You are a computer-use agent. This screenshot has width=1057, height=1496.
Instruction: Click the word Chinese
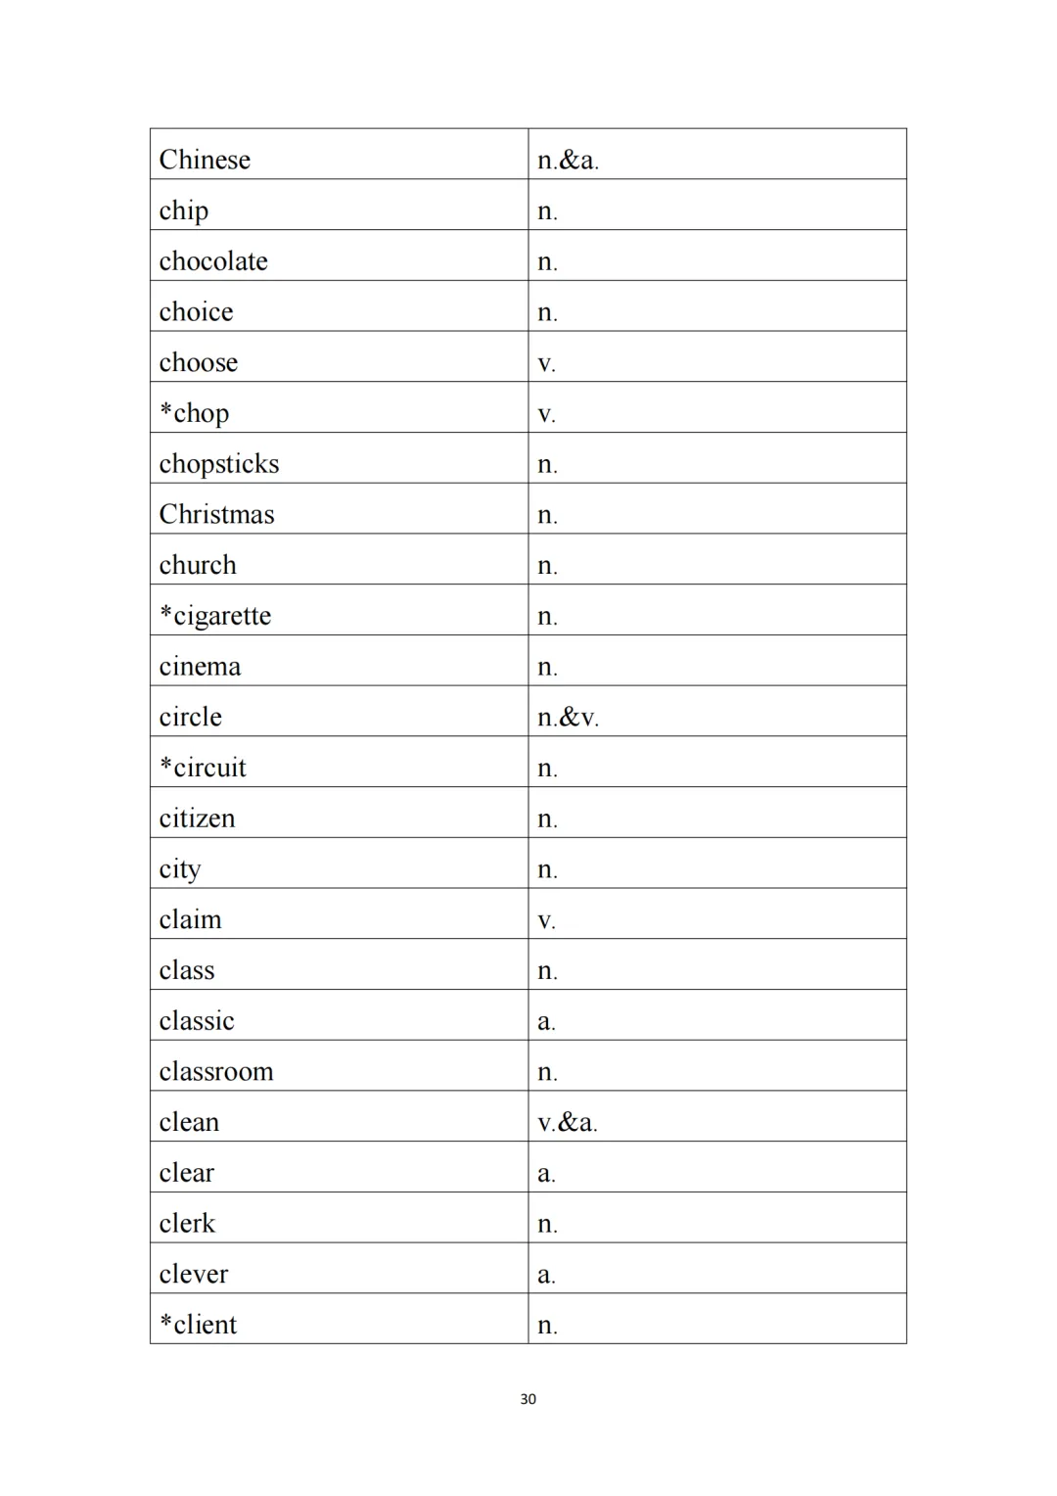205,160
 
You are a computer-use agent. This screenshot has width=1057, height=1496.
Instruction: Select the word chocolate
213,261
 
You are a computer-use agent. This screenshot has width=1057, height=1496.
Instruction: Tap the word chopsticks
219,464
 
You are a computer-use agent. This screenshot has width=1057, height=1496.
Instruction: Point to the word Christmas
216,514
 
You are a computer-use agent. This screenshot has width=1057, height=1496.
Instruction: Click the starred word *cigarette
215,616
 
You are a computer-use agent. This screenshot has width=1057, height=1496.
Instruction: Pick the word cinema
200,667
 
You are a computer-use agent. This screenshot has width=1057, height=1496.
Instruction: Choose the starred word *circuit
203,768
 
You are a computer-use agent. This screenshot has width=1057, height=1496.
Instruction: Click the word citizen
197,818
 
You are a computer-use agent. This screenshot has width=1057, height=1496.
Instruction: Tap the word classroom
216,1071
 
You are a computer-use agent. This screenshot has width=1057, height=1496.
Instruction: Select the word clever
194,1274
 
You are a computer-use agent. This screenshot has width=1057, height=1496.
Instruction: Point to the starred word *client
199,1325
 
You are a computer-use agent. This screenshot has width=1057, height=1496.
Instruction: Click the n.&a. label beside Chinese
568,161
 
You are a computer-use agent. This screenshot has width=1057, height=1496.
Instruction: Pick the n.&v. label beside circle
568,718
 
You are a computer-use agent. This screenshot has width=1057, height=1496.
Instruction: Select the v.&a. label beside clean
568,1122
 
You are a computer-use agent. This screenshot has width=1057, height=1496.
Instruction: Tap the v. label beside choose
546,364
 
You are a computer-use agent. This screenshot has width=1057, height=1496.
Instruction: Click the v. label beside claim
546,921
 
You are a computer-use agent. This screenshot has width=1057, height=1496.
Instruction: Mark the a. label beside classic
546,1022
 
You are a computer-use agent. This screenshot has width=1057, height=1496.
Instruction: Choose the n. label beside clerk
547,1224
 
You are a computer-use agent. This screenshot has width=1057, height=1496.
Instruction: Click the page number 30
528,1399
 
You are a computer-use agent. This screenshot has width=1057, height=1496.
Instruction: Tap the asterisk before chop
166,409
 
